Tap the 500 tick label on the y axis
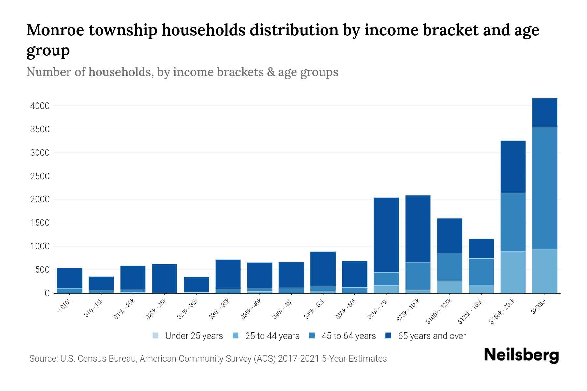(43, 270)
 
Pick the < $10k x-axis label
(65, 306)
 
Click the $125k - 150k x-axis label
(471, 311)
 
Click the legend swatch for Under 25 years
(156, 336)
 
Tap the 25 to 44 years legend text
(272, 336)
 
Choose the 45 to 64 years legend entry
(348, 336)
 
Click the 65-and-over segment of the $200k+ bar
(544, 113)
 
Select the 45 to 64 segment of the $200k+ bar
(544, 188)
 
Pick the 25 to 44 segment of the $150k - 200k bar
(513, 272)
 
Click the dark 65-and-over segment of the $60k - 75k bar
(386, 235)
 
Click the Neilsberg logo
(521, 355)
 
